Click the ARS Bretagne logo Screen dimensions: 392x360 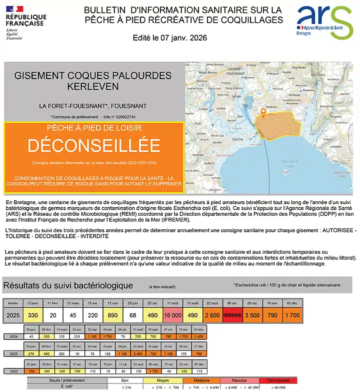324,23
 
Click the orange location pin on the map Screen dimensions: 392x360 263,112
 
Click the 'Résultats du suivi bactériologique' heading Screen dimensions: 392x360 68,285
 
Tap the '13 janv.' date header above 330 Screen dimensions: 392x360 33,303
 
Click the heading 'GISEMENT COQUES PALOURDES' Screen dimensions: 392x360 93,76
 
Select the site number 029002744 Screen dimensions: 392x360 124,116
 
